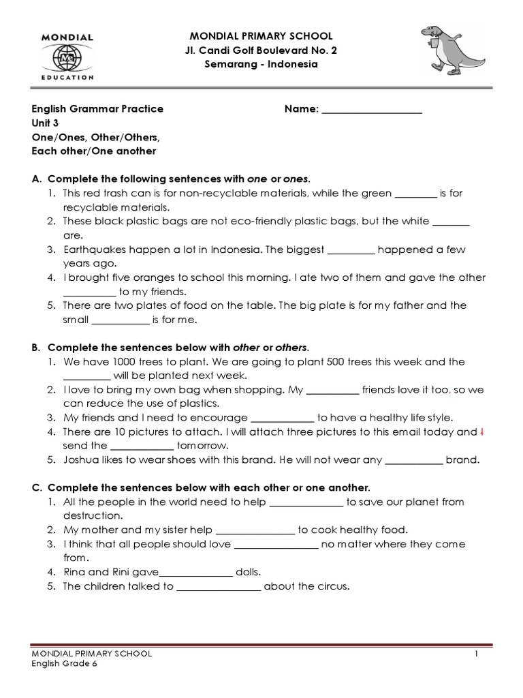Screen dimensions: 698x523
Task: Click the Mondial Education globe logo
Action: click(67, 57)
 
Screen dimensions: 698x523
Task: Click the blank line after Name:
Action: click(372, 109)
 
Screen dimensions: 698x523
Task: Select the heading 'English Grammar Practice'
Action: click(97, 109)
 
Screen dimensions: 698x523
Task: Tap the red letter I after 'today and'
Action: click(482, 431)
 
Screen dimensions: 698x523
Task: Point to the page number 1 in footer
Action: click(478, 654)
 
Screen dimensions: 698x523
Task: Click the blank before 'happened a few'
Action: click(351, 249)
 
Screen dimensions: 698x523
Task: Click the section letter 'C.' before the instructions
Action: click(37, 488)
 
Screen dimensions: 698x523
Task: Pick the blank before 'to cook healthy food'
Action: click(255, 530)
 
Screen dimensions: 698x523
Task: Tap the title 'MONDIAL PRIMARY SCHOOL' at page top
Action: click(261, 36)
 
